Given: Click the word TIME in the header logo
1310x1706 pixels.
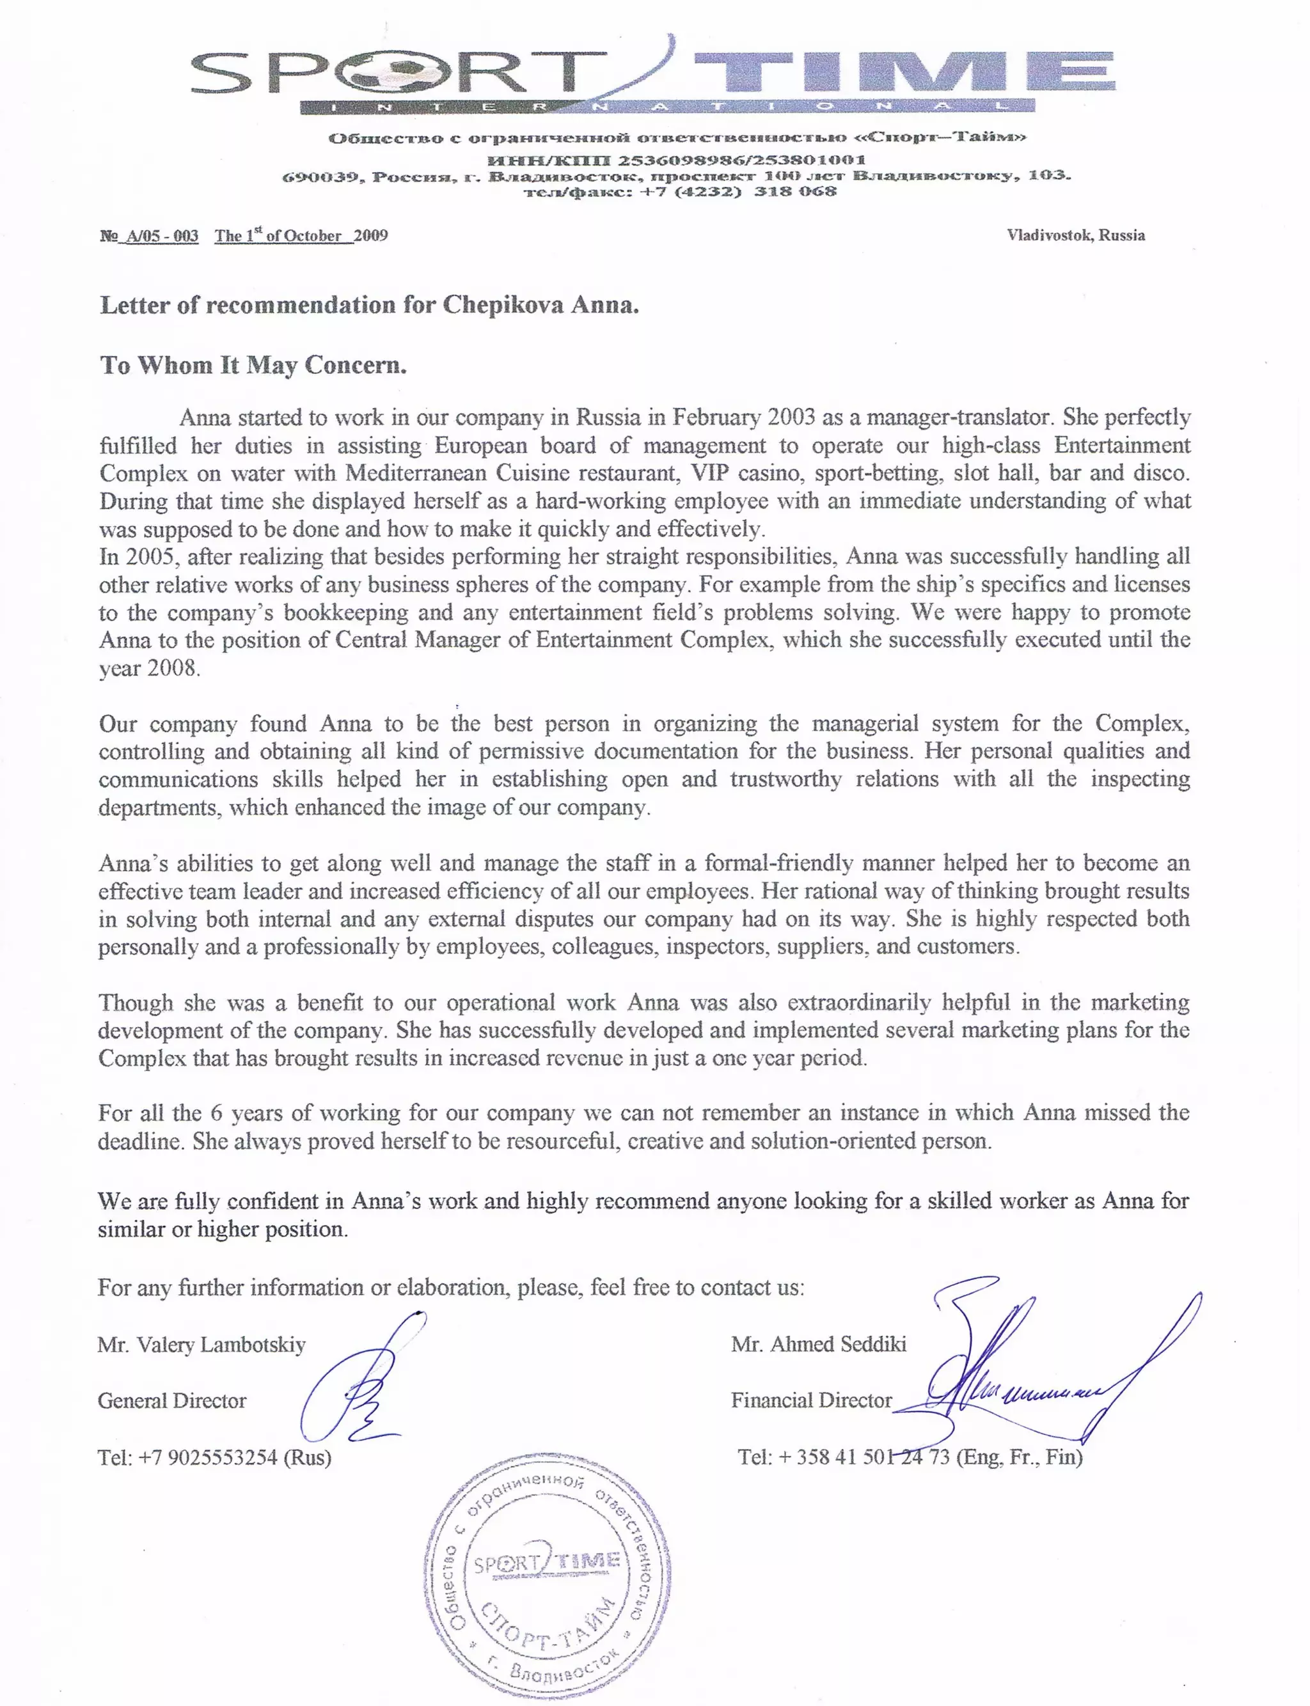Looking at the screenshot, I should [904, 72].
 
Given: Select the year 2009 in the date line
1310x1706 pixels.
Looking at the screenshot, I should [371, 235].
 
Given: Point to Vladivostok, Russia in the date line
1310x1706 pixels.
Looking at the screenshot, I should [1075, 235].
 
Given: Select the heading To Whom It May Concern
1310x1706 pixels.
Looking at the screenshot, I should [253, 364].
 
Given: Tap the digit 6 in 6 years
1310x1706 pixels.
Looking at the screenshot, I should [216, 1113].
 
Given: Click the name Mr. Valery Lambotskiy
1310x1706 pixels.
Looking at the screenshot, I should [201, 1344].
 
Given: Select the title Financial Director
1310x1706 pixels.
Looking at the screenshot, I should [811, 1400].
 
